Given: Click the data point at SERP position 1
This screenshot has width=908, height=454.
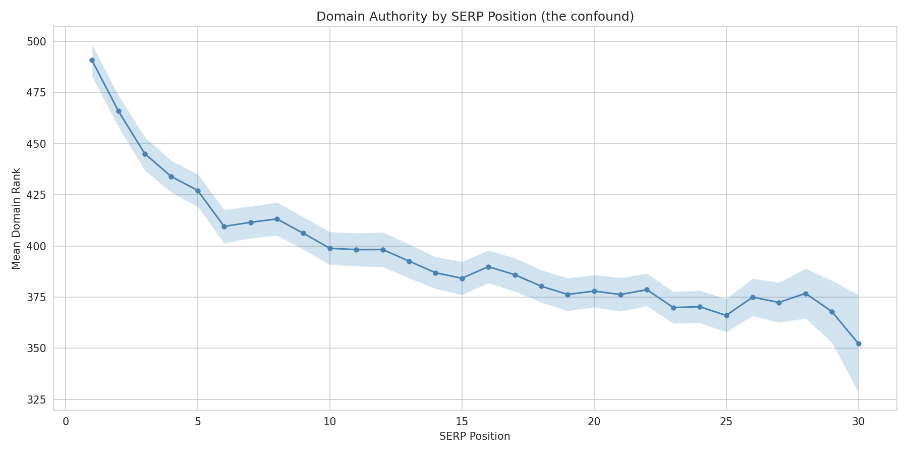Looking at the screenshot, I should pyautogui.click(x=92, y=61).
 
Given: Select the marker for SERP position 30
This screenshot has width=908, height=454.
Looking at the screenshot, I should pyautogui.click(x=859, y=344).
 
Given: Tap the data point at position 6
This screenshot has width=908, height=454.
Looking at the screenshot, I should pyautogui.click(x=224, y=226).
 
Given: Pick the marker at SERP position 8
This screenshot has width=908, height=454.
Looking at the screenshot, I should pyautogui.click(x=277, y=219).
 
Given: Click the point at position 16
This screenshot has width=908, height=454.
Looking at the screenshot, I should pyautogui.click(x=488, y=267).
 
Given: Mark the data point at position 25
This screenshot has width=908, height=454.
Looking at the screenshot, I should pyautogui.click(x=726, y=315).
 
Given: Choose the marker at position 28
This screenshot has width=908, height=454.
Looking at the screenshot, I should pyautogui.click(x=806, y=294).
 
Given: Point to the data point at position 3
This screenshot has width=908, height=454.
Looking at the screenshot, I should pyautogui.click(x=145, y=154).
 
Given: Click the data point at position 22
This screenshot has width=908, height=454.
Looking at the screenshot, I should pyautogui.click(x=647, y=290).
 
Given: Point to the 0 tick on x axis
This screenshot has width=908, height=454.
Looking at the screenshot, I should pyautogui.click(x=66, y=422).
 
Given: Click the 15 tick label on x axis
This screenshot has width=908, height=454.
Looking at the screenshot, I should pyautogui.click(x=462, y=422).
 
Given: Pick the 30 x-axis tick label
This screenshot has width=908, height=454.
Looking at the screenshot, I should pyautogui.click(x=859, y=422).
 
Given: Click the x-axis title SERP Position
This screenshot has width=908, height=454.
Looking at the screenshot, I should pyautogui.click(x=475, y=437).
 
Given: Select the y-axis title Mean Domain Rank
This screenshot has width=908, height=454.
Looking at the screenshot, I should pyautogui.click(x=16, y=218).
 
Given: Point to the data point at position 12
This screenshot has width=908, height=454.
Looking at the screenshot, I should pyautogui.click(x=383, y=250).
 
